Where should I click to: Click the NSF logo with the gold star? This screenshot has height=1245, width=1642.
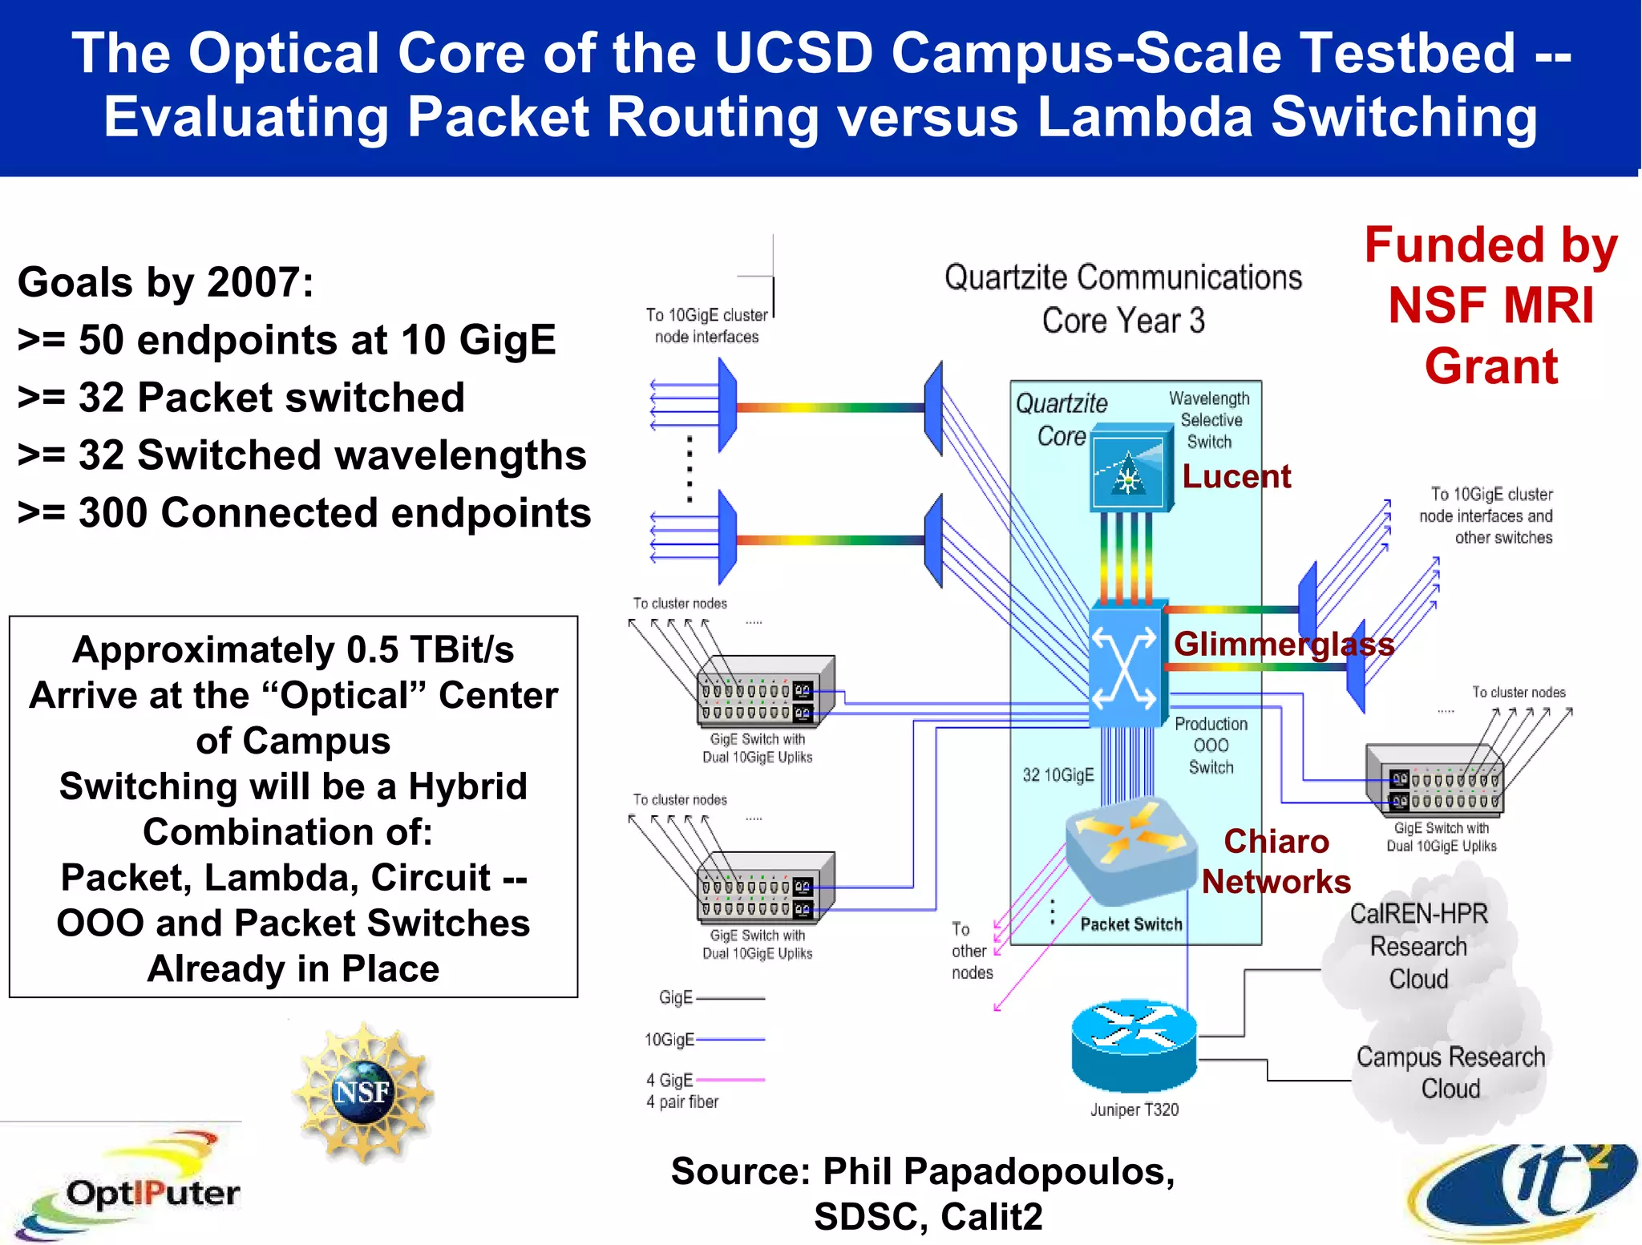pyautogui.click(x=363, y=1092)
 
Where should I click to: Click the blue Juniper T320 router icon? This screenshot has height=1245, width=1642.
pyautogui.click(x=1134, y=1045)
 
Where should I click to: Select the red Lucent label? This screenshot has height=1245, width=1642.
pyautogui.click(x=1236, y=477)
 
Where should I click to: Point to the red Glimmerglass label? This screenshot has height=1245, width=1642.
pyautogui.click(x=1284, y=645)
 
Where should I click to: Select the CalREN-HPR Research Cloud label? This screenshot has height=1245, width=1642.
pyautogui.click(x=1418, y=947)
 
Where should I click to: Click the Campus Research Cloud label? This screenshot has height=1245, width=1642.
pyautogui.click(x=1450, y=1073)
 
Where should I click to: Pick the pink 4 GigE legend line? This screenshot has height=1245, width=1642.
pyautogui.click(x=730, y=1080)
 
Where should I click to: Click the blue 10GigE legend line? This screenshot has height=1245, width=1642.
pyautogui.click(x=730, y=1039)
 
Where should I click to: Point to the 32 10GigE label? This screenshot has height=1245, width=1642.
pyautogui.click(x=1058, y=775)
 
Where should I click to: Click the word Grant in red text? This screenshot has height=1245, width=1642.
pyautogui.click(x=1490, y=366)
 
